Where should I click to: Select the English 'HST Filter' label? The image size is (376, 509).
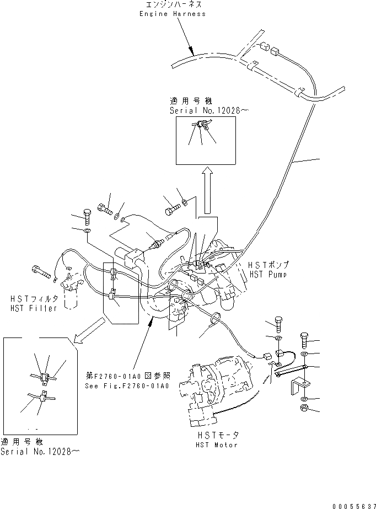[x=33, y=308]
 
